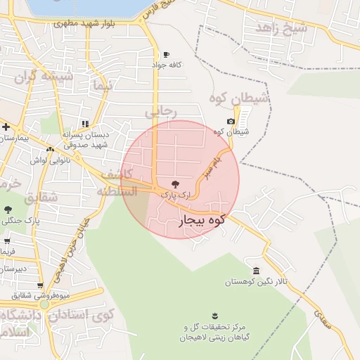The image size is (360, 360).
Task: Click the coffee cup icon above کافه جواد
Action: (x=166, y=54)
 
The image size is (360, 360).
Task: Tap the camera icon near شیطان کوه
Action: (x=231, y=122)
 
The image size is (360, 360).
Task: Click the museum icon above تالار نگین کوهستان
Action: (x=255, y=271)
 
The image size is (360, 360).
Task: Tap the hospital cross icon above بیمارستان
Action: (x=6, y=127)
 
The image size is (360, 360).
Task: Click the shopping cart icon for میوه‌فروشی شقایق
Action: (x=40, y=285)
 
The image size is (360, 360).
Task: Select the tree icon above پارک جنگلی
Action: (x=8, y=210)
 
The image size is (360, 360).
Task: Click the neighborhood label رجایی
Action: (x=161, y=110)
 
